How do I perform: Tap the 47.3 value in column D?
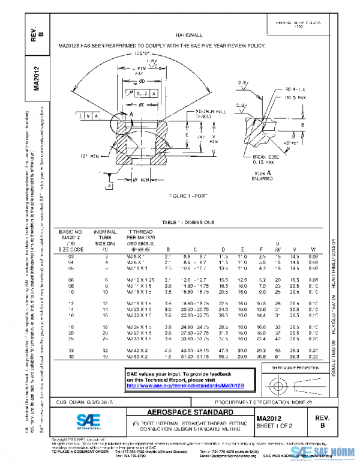223,349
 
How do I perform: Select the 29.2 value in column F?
261,349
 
